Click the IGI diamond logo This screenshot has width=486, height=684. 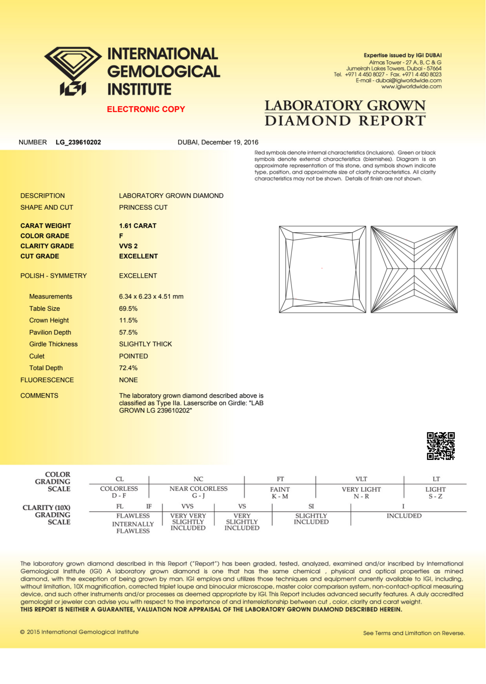pos(73,71)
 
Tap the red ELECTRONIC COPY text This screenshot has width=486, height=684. pos(146,109)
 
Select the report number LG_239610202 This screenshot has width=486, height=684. pos(78,142)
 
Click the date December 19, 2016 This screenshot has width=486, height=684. pos(230,142)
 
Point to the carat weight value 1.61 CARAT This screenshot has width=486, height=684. pos(138,226)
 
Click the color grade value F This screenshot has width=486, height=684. pos(121,236)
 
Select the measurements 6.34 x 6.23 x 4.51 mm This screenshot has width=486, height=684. pos(151,296)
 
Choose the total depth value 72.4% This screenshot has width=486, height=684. pos(128,368)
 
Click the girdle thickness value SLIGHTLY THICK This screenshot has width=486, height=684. pos(145,344)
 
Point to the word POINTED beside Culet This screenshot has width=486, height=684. pos(134,356)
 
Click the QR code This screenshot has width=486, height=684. pos(441,446)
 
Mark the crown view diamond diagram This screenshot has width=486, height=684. pos(322,269)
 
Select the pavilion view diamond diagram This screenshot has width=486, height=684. pos(414,269)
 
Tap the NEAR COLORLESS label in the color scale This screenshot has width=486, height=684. pos(198,488)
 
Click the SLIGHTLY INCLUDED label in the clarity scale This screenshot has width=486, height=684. pos(311,519)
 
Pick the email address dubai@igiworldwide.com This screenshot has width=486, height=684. pos(409,80)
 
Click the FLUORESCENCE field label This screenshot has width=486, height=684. pos(47,380)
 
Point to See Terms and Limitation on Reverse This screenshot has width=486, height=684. pos(414,633)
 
